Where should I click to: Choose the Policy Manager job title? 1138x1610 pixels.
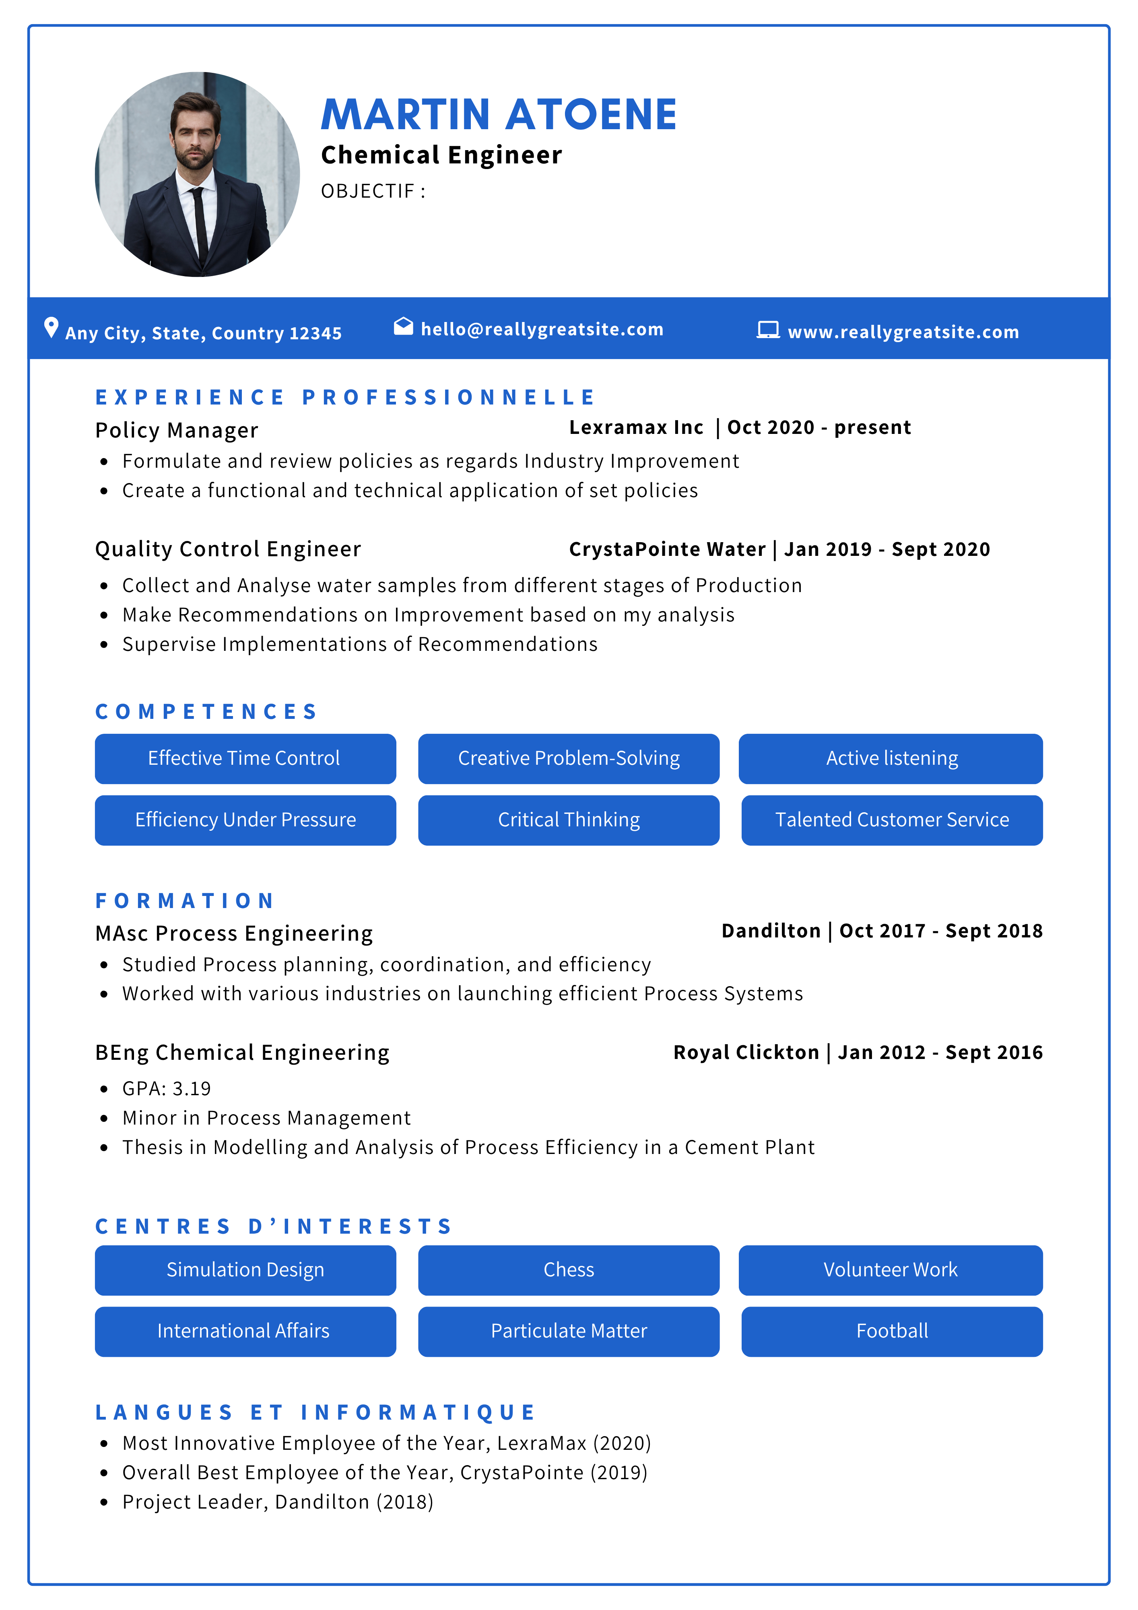[177, 430]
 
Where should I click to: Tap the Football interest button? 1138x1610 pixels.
[892, 1331]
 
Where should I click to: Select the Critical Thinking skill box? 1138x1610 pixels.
[569, 820]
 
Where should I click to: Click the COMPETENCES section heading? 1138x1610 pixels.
[206, 712]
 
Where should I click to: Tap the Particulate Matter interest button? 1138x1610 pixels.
[569, 1331]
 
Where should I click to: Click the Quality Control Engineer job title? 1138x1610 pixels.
[228, 549]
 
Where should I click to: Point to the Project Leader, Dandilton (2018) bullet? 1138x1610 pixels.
[278, 1502]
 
